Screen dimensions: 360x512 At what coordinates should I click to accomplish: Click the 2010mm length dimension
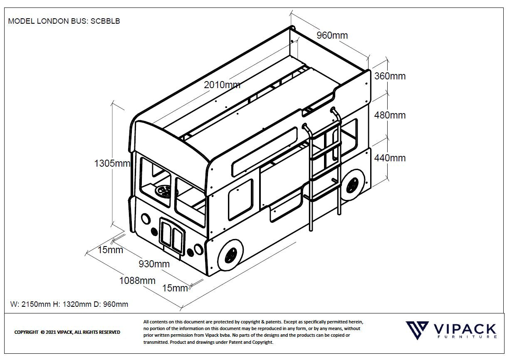pos(222,85)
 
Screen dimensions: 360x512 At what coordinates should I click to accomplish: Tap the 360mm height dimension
pos(389,76)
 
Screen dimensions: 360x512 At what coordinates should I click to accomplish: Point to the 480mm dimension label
pos(389,115)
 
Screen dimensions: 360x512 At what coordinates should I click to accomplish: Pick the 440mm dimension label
pos(389,158)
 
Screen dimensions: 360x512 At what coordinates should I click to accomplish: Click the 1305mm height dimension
pos(112,163)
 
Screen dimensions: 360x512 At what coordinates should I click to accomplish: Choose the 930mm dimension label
pos(154,264)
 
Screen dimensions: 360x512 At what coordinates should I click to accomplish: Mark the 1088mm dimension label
pos(137,281)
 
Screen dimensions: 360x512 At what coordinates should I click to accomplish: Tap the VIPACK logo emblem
pos(417,331)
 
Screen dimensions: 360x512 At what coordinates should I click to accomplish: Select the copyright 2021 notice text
pos(67,332)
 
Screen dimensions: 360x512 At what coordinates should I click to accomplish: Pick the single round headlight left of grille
pos(146,218)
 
